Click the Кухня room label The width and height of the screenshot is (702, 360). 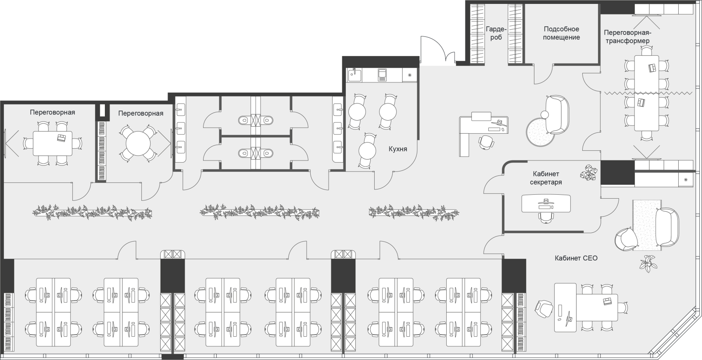pyautogui.click(x=398, y=149)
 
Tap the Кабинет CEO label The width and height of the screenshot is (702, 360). pyautogui.click(x=576, y=258)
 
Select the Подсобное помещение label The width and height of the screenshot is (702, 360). pyautogui.click(x=561, y=33)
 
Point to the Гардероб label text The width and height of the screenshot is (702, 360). pyautogui.click(x=496, y=33)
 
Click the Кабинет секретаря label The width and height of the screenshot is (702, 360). pyautogui.click(x=546, y=178)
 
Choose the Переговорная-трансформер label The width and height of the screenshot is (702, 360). pyautogui.click(x=627, y=37)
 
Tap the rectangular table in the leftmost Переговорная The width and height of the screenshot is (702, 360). pyautogui.click(x=53, y=143)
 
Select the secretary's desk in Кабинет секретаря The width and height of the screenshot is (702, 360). pyautogui.click(x=546, y=203)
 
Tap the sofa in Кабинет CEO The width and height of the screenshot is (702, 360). pyautogui.click(x=667, y=227)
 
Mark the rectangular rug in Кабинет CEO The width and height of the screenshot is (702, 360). pyautogui.click(x=647, y=225)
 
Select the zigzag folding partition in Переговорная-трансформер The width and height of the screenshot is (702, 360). pyautogui.click(x=649, y=93)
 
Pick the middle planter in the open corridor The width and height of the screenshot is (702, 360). pyautogui.click(x=260, y=212)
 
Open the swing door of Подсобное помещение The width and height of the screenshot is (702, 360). pyautogui.click(x=544, y=75)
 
